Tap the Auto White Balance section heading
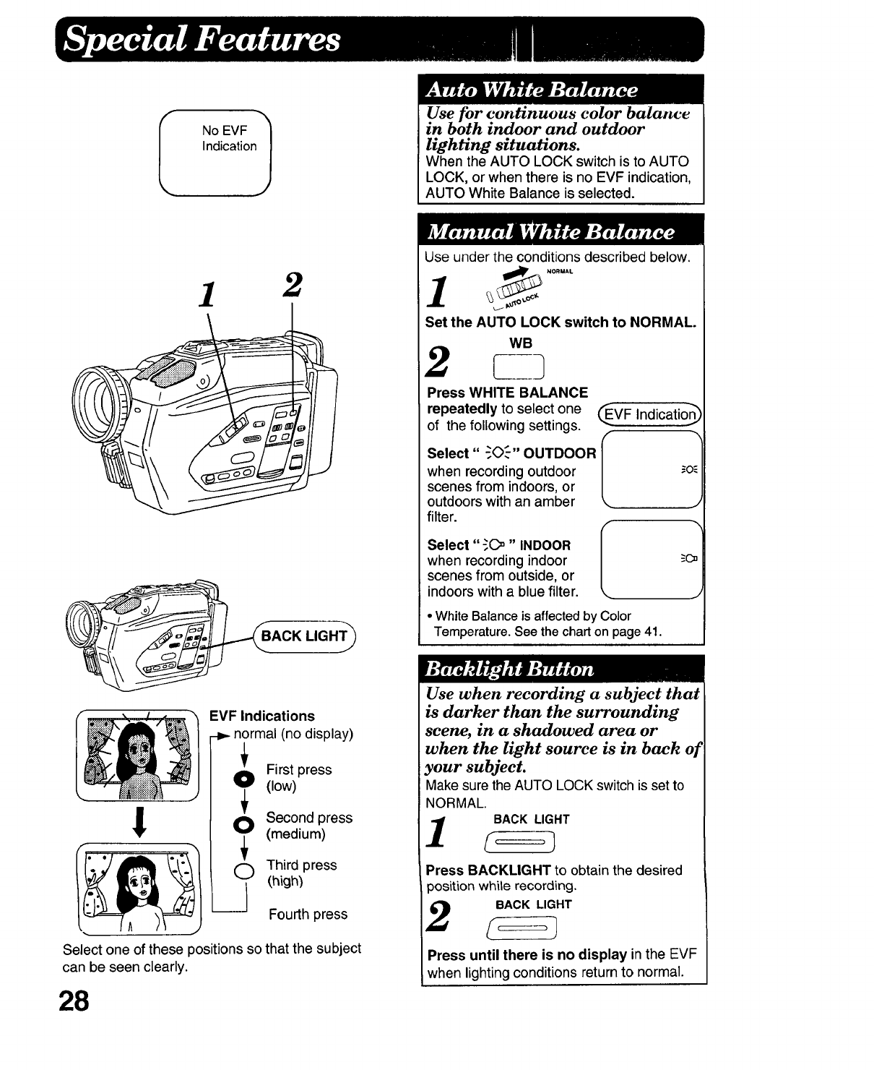point(532,90)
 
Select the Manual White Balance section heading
point(550,231)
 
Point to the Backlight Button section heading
point(510,668)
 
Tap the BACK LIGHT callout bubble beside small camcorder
point(304,636)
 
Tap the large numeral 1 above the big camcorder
point(208,294)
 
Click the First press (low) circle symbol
point(244,778)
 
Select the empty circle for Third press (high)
point(244,873)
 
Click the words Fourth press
point(308,915)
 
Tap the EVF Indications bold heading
point(261,716)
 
